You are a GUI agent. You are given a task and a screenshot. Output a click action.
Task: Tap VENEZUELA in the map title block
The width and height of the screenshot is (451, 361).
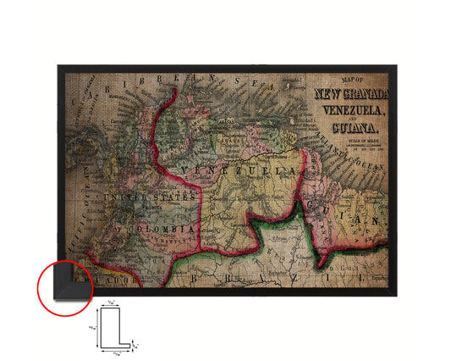pos(349,110)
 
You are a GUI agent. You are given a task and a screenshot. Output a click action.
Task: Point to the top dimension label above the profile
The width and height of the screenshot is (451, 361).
pos(114,303)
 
